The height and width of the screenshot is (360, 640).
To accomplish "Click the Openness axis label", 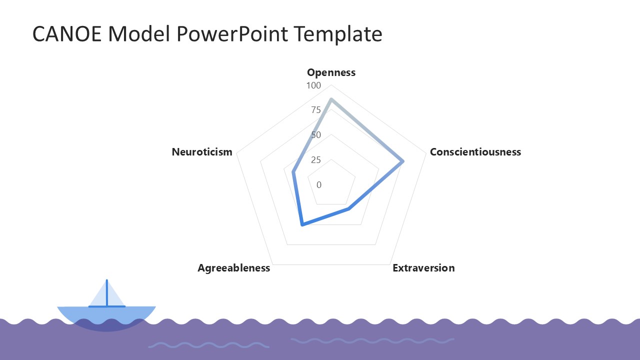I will pos(331,72).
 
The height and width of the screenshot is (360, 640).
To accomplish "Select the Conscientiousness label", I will pos(475,152).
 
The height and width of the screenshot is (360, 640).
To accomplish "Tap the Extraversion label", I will pos(423,268).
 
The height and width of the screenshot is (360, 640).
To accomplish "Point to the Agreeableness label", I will pos(233,268).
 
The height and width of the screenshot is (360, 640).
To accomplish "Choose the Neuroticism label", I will pos(202,152).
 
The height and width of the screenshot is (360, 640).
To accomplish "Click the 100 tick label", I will pos(313,85).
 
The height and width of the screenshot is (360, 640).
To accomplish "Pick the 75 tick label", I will pos(315,110).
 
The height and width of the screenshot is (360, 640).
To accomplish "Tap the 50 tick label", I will pos(315,135).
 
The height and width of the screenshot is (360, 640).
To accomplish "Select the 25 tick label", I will pos(315,160).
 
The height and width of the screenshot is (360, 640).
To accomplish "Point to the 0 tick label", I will pos(319,185).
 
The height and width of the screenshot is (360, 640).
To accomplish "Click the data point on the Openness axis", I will pos(331,99).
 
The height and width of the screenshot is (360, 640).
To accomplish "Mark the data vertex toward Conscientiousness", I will pos(403,161).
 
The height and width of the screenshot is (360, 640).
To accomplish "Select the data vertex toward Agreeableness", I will pos(301,225).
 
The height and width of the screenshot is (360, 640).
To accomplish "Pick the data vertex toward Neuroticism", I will pos(293,172).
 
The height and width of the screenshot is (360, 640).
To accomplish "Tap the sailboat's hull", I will pos(106,315).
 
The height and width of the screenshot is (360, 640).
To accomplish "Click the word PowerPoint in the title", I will pos(231,34).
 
